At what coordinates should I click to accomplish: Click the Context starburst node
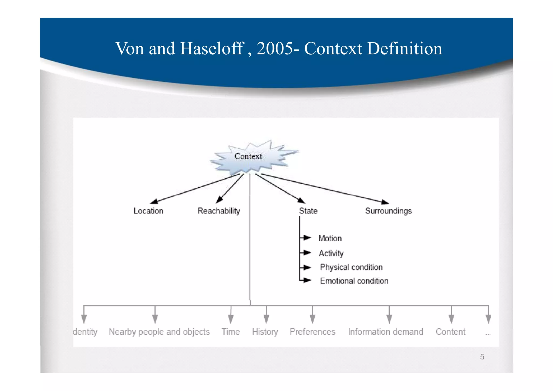coord(248,157)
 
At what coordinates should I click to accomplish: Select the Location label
coord(148,211)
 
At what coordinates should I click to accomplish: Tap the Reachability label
coord(219,211)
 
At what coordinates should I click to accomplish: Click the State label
coord(308,211)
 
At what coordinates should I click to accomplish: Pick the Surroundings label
coord(388,211)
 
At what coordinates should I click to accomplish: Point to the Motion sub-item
coord(330,238)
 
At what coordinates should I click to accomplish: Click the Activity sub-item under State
coord(331,253)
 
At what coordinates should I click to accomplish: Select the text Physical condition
coord(351,267)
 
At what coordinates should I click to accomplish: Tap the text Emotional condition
coord(354,281)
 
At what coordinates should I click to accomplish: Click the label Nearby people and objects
coord(159,332)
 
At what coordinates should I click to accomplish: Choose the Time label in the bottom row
coord(231,332)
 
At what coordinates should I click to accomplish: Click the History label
coord(265,332)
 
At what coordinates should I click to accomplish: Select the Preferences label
coord(312,332)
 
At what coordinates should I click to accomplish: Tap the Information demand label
coord(385,332)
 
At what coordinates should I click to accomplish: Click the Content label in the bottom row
coord(450,332)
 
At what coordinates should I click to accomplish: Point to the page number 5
coord(482,357)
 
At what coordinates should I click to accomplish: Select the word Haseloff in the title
coord(212,49)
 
